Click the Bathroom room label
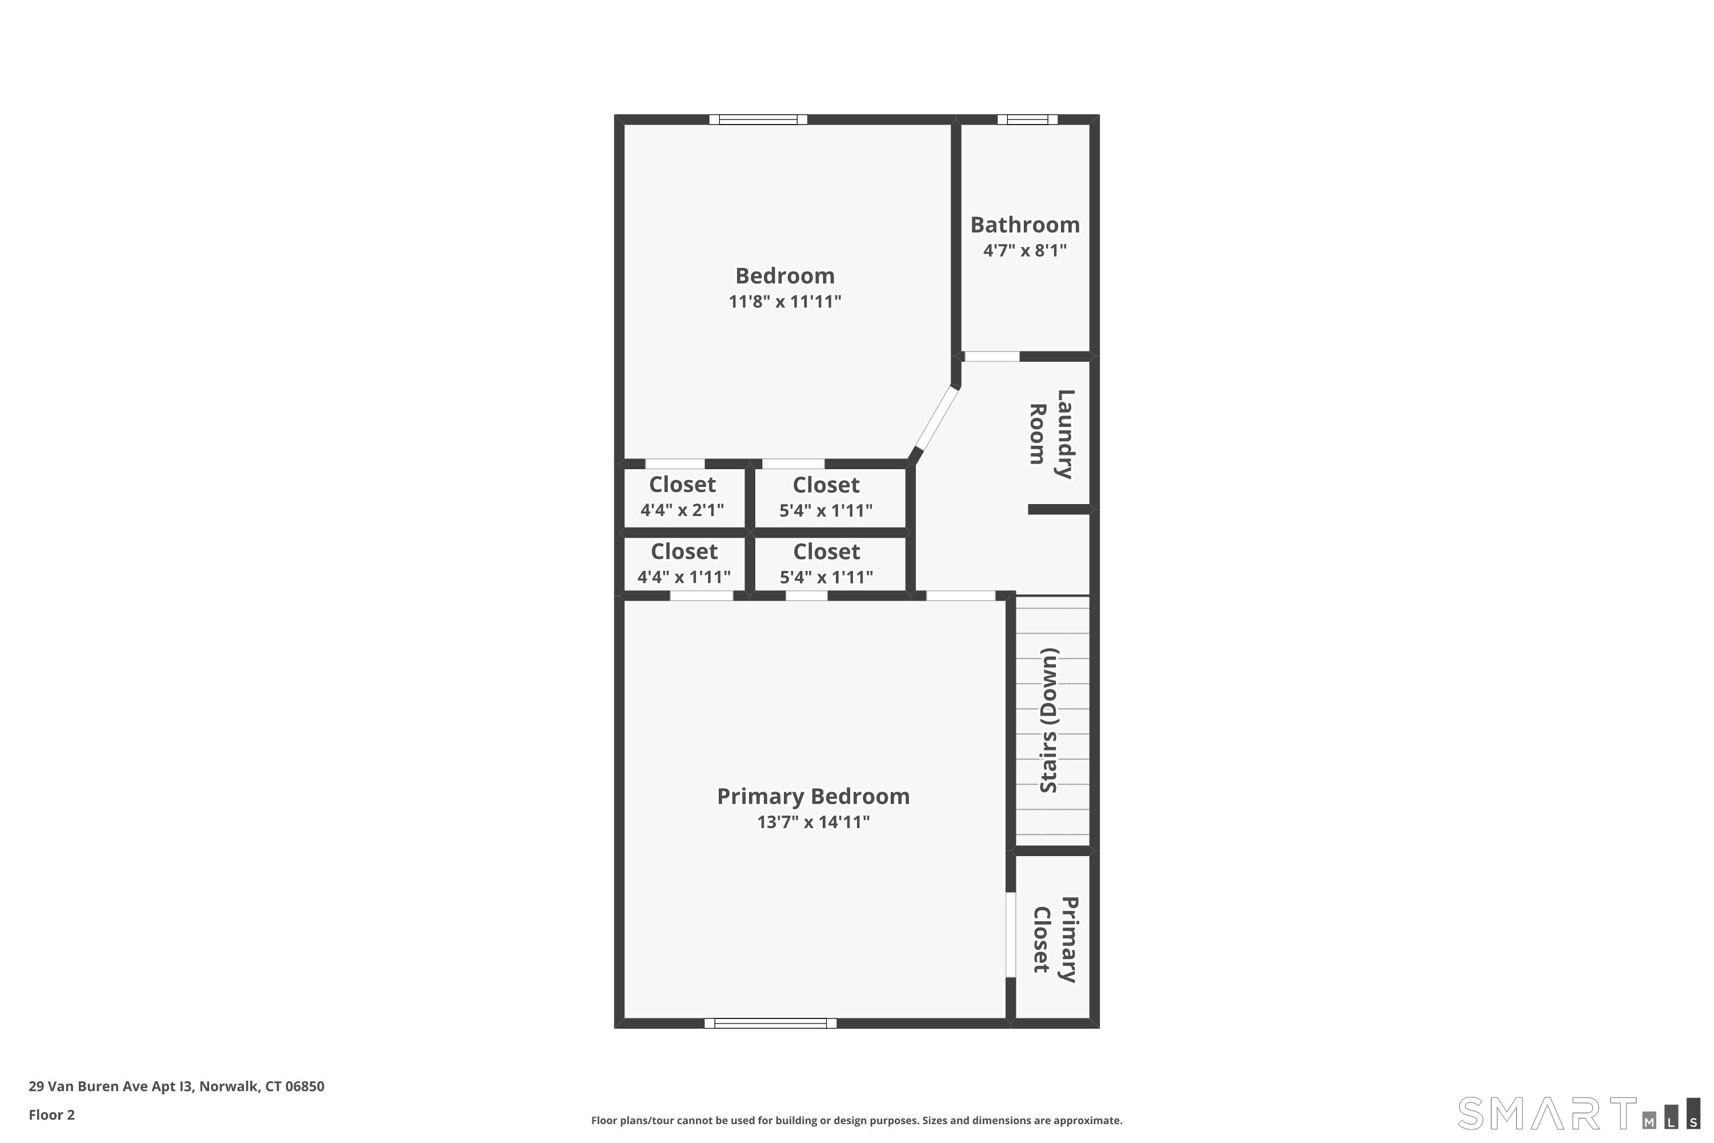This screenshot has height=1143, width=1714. tap(1024, 225)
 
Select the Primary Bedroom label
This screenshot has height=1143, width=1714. tap(812, 796)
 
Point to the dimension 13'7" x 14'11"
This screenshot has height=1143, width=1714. tap(812, 822)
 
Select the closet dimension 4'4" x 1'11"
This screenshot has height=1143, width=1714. tap(683, 577)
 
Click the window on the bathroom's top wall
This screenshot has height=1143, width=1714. tap(1027, 119)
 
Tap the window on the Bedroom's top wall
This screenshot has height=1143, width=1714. tap(758, 119)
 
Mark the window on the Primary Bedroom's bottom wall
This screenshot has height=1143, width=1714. tap(770, 1024)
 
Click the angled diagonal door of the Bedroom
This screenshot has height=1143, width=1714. tap(936, 419)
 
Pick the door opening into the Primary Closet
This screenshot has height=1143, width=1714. tap(1010, 934)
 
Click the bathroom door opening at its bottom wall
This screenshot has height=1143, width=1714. tap(991, 357)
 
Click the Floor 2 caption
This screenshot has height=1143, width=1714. tap(52, 1114)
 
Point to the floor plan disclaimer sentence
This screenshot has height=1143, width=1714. tap(856, 1120)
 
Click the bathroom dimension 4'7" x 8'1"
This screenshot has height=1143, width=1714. tap(1024, 251)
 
